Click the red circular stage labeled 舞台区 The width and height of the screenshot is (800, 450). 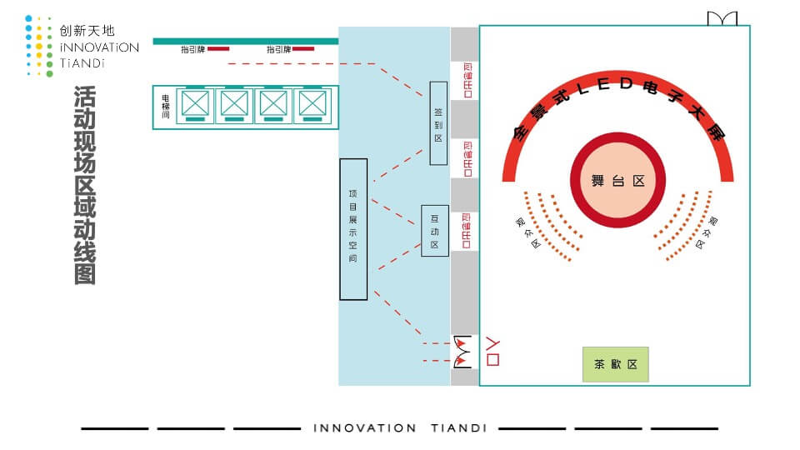[617, 181]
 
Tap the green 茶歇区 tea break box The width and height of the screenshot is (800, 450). [615, 364]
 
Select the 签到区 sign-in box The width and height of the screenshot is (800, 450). [438, 123]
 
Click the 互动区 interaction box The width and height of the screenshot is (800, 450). [434, 230]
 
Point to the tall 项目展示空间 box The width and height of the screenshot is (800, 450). [353, 229]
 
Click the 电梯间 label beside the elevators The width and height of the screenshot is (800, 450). [166, 106]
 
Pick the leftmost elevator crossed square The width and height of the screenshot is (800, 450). [195, 105]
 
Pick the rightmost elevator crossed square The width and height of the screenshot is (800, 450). [312, 105]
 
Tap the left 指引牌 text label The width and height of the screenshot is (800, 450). [192, 49]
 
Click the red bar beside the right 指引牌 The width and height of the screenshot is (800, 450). [303, 49]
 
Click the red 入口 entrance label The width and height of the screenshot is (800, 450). [492, 350]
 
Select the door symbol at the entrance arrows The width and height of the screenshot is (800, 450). [462, 352]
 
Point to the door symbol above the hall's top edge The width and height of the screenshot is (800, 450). [722, 18]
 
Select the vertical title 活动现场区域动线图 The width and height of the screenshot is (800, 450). [84, 185]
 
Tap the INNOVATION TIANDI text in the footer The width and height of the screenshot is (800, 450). [400, 428]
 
